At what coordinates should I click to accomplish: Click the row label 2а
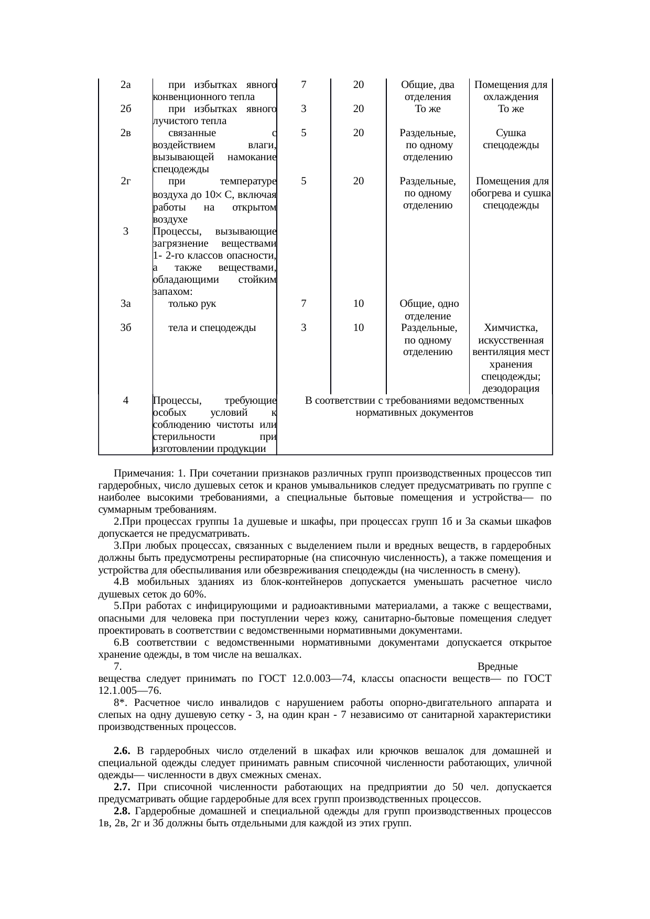(125, 85)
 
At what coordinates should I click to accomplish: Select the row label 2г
(125, 181)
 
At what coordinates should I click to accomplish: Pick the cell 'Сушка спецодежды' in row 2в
(511, 139)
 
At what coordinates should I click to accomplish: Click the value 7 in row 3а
(304, 304)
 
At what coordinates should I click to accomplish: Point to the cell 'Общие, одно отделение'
(429, 310)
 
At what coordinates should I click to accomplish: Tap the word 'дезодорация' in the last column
(511, 389)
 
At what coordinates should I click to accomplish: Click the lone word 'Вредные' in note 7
(497, 667)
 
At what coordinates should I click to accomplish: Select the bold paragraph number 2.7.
(122, 787)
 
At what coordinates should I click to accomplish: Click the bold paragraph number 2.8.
(122, 811)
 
